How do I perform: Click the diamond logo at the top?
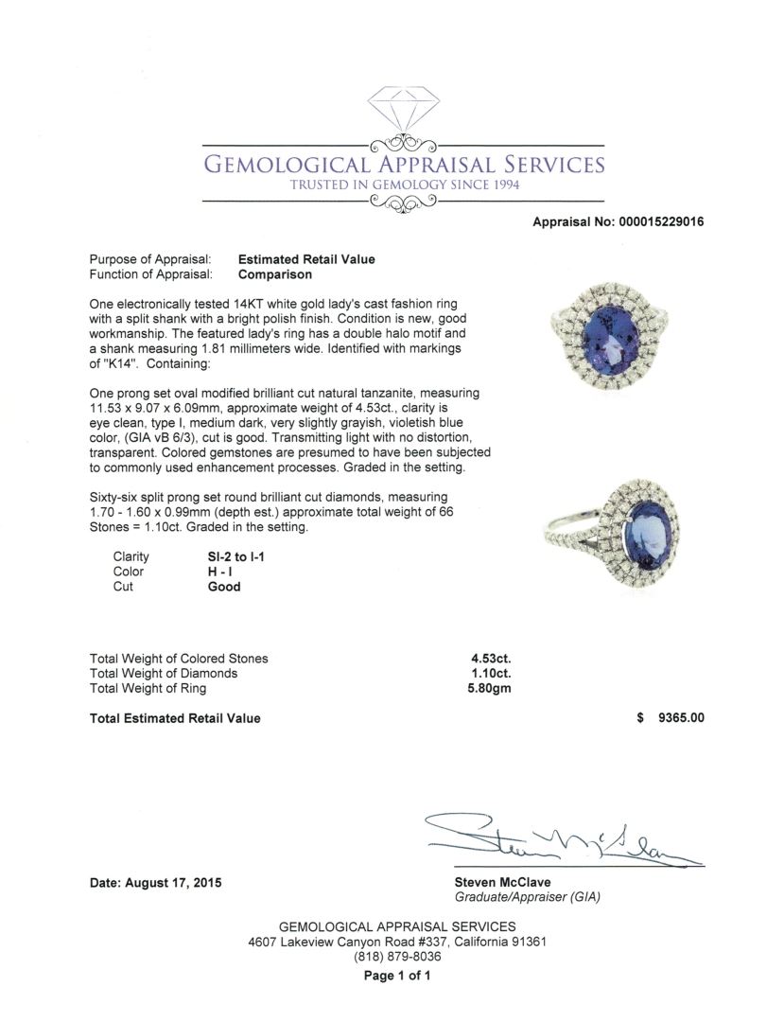click(x=404, y=113)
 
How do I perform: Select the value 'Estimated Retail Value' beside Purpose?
click(x=306, y=259)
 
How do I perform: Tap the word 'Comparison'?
click(x=275, y=275)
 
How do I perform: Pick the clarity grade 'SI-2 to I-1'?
click(x=236, y=557)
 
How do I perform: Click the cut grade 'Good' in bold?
click(x=224, y=587)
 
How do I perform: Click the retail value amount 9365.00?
click(x=673, y=718)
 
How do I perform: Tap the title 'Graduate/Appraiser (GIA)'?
click(x=527, y=897)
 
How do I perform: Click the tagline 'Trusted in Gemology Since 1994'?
click(x=405, y=184)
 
